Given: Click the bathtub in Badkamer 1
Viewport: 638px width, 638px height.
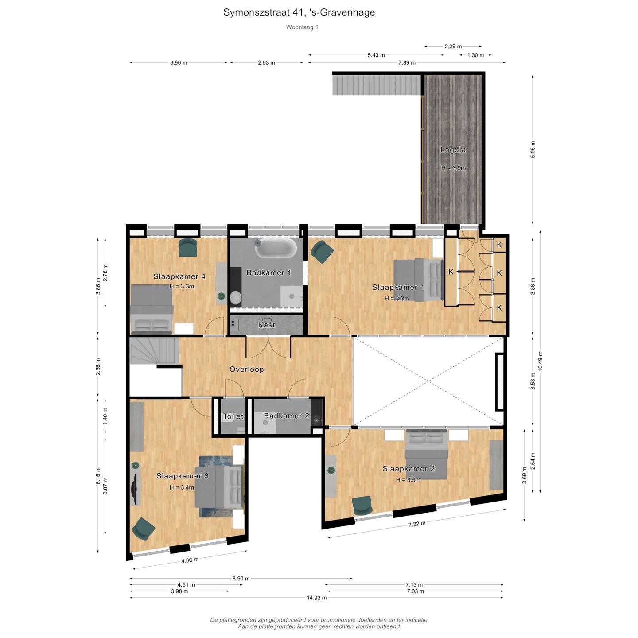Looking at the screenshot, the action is pos(276,248).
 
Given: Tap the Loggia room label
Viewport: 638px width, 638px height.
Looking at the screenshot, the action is pos(453,150).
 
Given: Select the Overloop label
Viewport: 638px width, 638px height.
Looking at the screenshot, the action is pos(247,369).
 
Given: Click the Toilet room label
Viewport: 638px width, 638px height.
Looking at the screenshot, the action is pos(233,416).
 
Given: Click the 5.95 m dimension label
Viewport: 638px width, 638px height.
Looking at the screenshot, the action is pos(533,149).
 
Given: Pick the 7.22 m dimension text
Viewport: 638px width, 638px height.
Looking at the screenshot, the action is pos(417,524).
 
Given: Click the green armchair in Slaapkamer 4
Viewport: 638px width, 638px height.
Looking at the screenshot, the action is pos(188,247).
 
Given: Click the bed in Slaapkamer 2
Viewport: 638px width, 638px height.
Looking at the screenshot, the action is pos(427,454).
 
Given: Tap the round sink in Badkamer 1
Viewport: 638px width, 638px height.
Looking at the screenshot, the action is pos(236,297).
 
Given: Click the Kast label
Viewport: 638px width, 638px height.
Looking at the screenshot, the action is pos(267,324).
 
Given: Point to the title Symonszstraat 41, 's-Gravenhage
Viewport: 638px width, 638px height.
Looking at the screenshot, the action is pos(299,12).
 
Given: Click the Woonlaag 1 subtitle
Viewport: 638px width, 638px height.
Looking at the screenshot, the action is pos(302,27).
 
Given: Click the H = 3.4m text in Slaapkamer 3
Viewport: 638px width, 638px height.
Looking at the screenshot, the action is pos(182,487).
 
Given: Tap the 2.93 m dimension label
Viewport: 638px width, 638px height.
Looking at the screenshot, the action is pos(267,62).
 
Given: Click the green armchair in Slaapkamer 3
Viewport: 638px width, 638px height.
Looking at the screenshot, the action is pos(144,529).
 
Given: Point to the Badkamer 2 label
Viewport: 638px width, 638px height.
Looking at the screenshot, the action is pos(286,416).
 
